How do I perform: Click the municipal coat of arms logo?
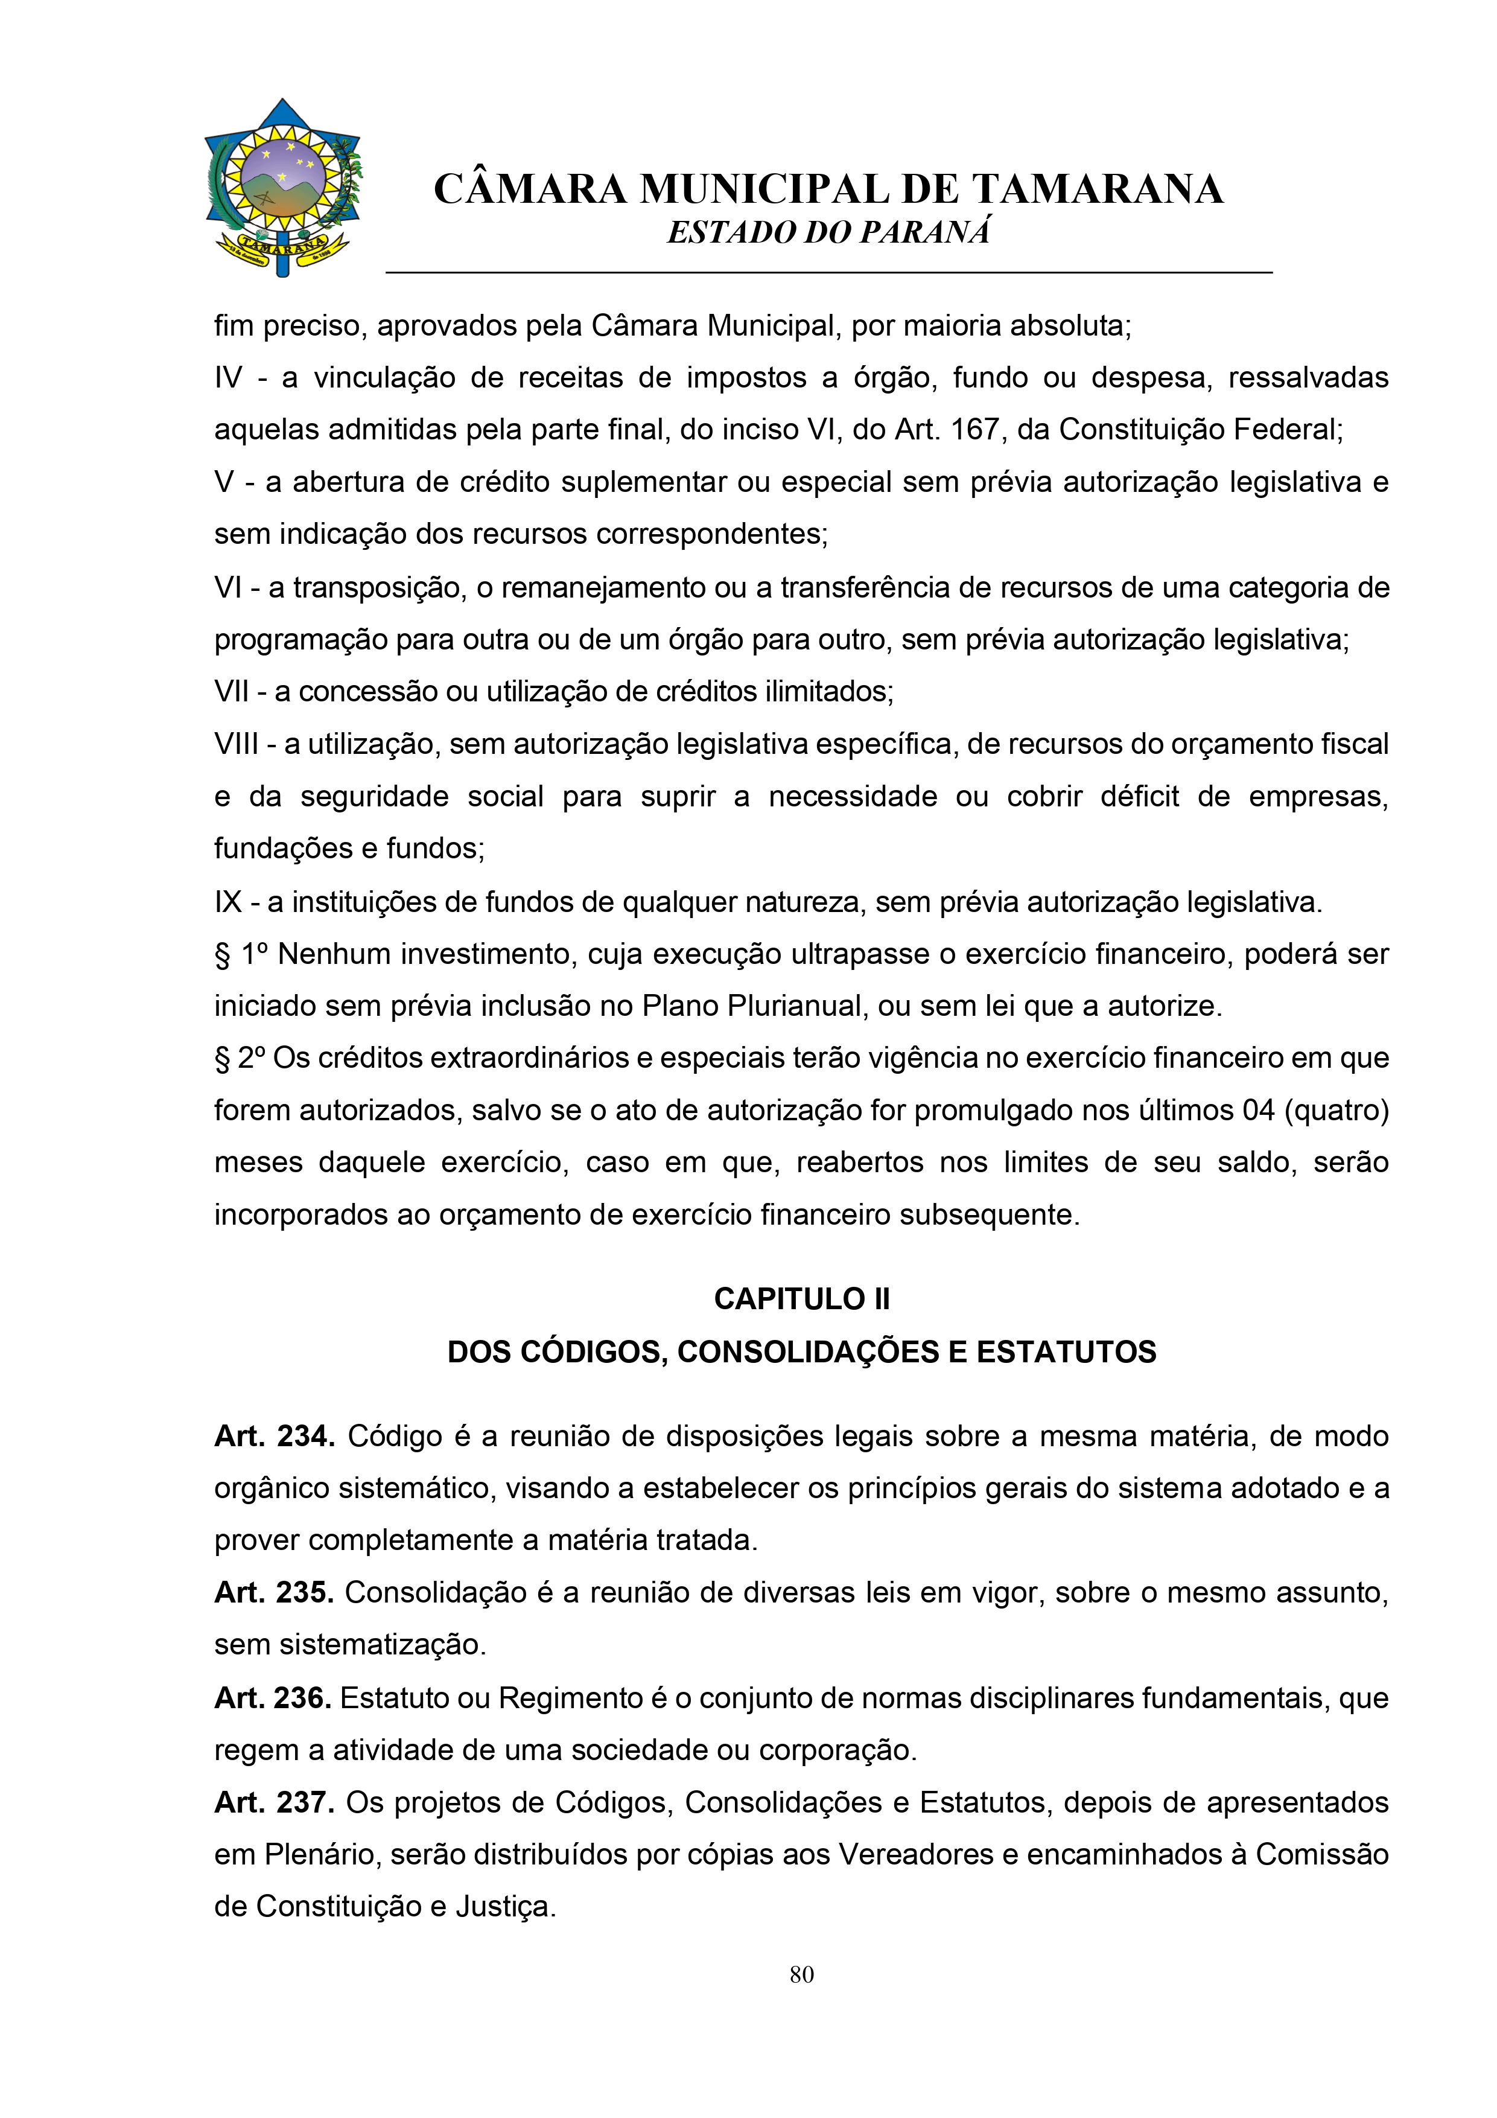[x=283, y=187]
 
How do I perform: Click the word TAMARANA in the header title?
[x=1098, y=190]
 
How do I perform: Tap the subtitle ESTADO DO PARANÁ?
[x=828, y=232]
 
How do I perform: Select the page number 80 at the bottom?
[x=801, y=1975]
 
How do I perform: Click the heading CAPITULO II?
[x=801, y=1299]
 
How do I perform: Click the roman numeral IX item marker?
[x=228, y=902]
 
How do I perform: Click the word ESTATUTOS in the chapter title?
[x=1066, y=1353]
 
